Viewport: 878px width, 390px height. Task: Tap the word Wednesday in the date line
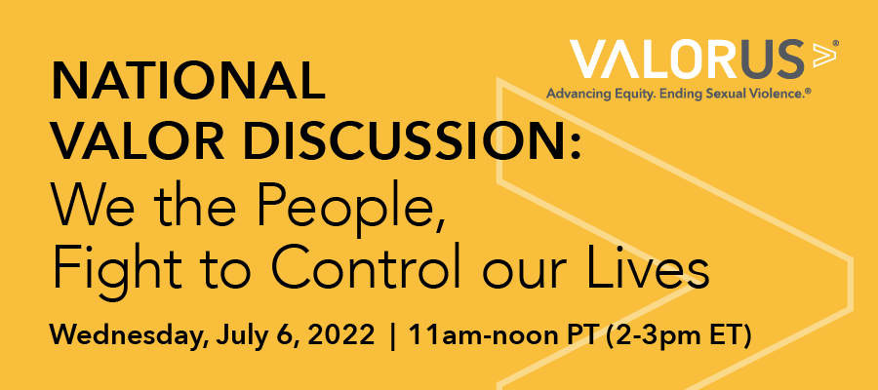coord(123,334)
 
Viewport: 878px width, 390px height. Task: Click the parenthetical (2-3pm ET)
coord(679,334)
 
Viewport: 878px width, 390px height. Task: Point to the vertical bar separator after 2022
coord(392,335)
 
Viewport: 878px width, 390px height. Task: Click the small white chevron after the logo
coord(824,55)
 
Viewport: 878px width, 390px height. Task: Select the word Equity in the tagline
coord(637,95)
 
